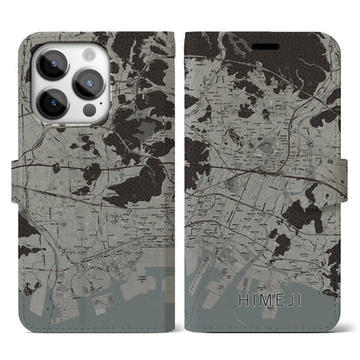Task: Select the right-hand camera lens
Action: (89, 80)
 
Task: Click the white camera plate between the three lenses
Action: (70, 80)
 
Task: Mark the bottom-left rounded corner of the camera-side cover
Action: (23, 326)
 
